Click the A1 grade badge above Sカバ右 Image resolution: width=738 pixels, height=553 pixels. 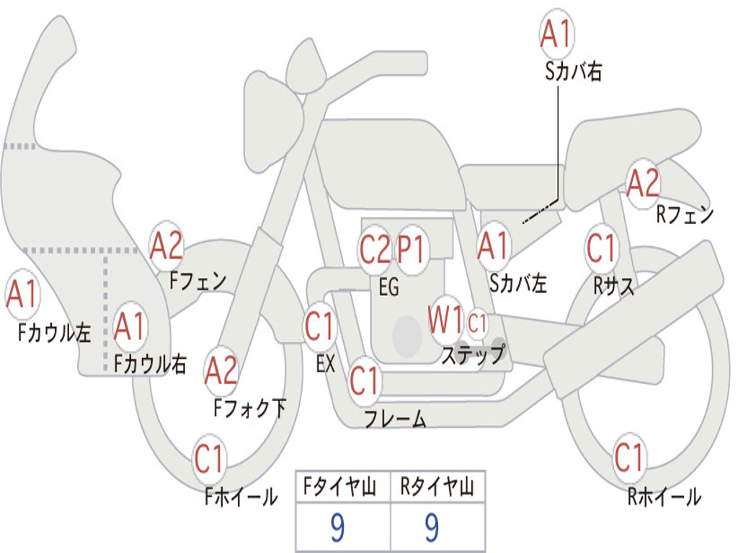[556, 34]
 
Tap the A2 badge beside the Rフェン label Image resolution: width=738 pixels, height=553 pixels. [643, 184]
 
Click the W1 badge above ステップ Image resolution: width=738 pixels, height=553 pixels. [445, 320]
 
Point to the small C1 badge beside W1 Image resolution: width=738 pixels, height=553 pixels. [477, 323]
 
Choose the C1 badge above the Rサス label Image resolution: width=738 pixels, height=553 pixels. [601, 248]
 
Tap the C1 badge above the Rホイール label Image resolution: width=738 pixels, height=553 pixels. [629, 457]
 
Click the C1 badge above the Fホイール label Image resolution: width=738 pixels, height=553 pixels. [210, 459]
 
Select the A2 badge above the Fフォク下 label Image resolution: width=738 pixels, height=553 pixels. [221, 371]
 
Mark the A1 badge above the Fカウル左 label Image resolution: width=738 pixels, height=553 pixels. [22, 295]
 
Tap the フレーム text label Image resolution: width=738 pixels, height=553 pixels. [394, 419]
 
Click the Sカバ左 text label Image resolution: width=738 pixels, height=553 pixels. [517, 284]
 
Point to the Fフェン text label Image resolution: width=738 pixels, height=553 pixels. [198, 280]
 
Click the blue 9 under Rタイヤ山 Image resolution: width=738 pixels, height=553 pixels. [432, 529]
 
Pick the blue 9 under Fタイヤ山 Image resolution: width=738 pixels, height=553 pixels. [337, 529]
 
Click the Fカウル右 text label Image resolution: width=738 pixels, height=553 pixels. [150, 364]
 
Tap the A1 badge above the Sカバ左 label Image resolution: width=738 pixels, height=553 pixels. [494, 246]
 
